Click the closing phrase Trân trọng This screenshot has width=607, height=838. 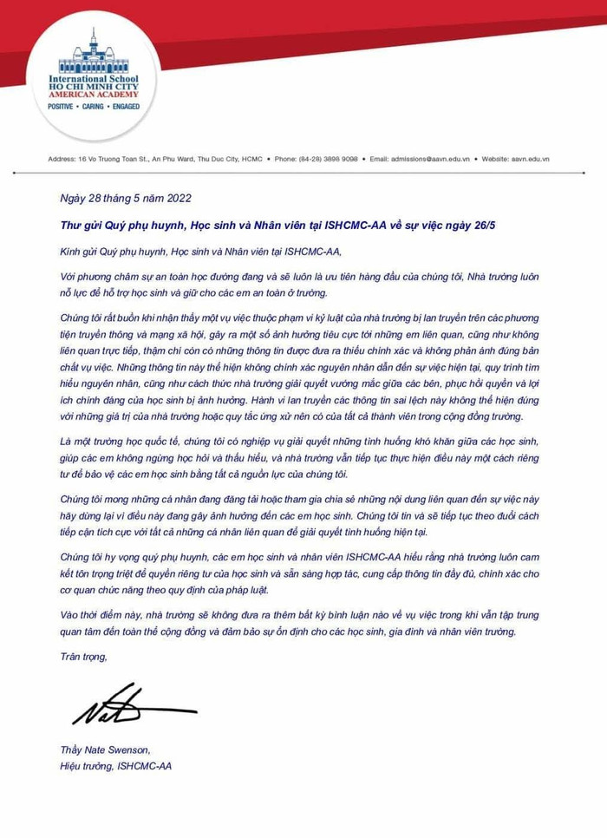point(83,657)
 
